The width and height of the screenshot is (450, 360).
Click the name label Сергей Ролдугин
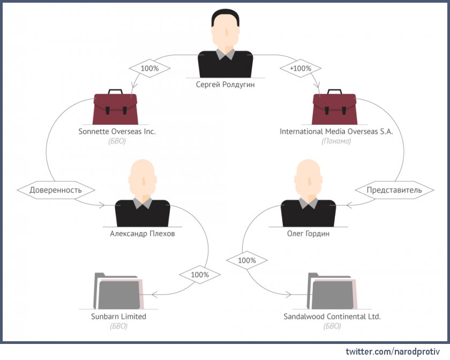(x=225, y=84)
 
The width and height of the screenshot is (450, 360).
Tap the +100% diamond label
(x=300, y=69)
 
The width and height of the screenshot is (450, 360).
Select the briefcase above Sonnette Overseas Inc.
(x=115, y=107)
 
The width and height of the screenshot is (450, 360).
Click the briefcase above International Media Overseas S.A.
(x=334, y=107)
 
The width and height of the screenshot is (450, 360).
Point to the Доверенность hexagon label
(x=56, y=190)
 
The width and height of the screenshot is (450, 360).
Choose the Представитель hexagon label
(x=394, y=190)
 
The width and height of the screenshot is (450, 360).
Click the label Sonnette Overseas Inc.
(x=117, y=131)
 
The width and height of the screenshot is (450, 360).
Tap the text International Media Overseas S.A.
(x=336, y=131)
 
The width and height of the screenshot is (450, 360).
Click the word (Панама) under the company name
(x=336, y=141)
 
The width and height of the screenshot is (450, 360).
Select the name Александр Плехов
(x=142, y=234)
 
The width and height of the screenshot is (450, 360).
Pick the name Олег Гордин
(x=308, y=234)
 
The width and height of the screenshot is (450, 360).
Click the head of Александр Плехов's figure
(x=142, y=177)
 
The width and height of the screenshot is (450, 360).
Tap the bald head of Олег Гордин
(x=309, y=177)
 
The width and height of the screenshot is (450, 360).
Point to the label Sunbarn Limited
(x=118, y=317)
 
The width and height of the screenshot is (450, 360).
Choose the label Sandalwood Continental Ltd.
(x=332, y=317)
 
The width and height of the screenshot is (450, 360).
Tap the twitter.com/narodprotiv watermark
(x=392, y=351)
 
